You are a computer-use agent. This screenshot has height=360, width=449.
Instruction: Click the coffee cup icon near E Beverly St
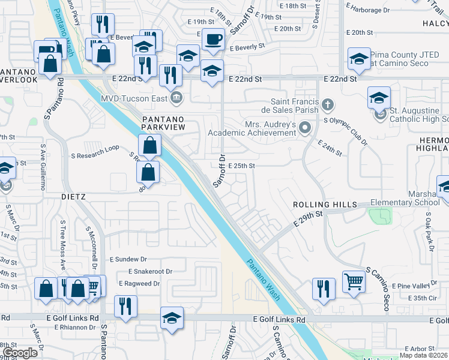pos(213,40)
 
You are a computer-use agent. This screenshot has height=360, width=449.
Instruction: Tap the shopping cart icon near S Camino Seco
pos(354,280)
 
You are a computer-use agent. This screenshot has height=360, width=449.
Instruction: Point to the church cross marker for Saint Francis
pos(327,106)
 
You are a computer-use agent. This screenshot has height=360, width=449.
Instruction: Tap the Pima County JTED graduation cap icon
pos(359,59)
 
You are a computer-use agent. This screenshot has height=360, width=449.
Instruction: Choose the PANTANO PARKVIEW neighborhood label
pos(171,122)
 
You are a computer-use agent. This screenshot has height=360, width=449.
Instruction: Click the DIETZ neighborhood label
pos(74,196)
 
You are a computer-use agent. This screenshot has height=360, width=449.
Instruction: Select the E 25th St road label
pos(242,166)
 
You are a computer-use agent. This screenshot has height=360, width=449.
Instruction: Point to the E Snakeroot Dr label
pos(146,271)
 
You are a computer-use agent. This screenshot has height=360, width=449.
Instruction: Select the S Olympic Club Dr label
pos(346,131)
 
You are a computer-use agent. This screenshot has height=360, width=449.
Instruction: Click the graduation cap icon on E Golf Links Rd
pos(172,318)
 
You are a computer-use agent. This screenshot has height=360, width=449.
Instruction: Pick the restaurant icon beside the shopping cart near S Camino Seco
pos(324,289)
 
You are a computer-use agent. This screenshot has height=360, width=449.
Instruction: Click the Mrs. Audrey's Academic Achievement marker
pos(306,128)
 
